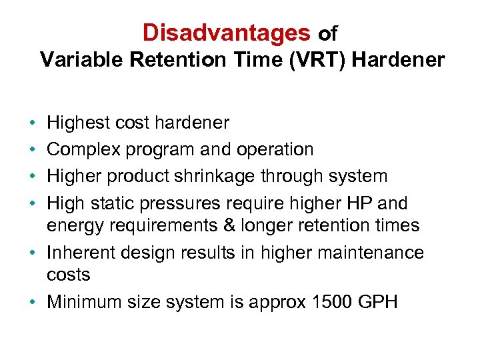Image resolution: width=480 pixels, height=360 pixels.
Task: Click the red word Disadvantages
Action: pyautogui.click(x=226, y=32)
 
